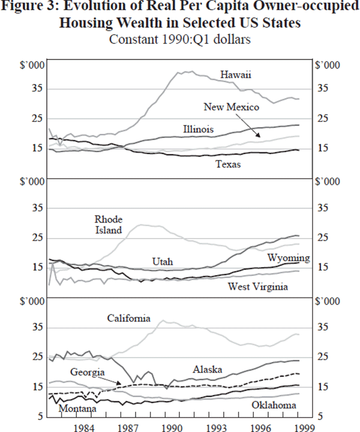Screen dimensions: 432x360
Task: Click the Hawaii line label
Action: pos(235,75)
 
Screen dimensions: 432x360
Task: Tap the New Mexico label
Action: pos(231,107)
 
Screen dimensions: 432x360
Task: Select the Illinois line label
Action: pos(199,129)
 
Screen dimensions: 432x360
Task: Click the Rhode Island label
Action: pos(109,224)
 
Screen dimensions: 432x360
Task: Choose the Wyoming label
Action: pos(289,258)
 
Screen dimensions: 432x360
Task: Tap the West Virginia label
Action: pos(258,287)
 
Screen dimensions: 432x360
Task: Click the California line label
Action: pos(128,318)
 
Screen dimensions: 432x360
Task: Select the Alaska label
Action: pos(208,369)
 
